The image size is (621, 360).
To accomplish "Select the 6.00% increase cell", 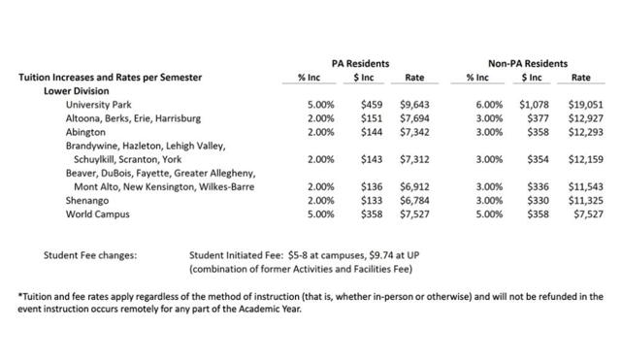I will [x=476, y=104].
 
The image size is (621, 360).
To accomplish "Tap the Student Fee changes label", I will [x=89, y=254].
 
